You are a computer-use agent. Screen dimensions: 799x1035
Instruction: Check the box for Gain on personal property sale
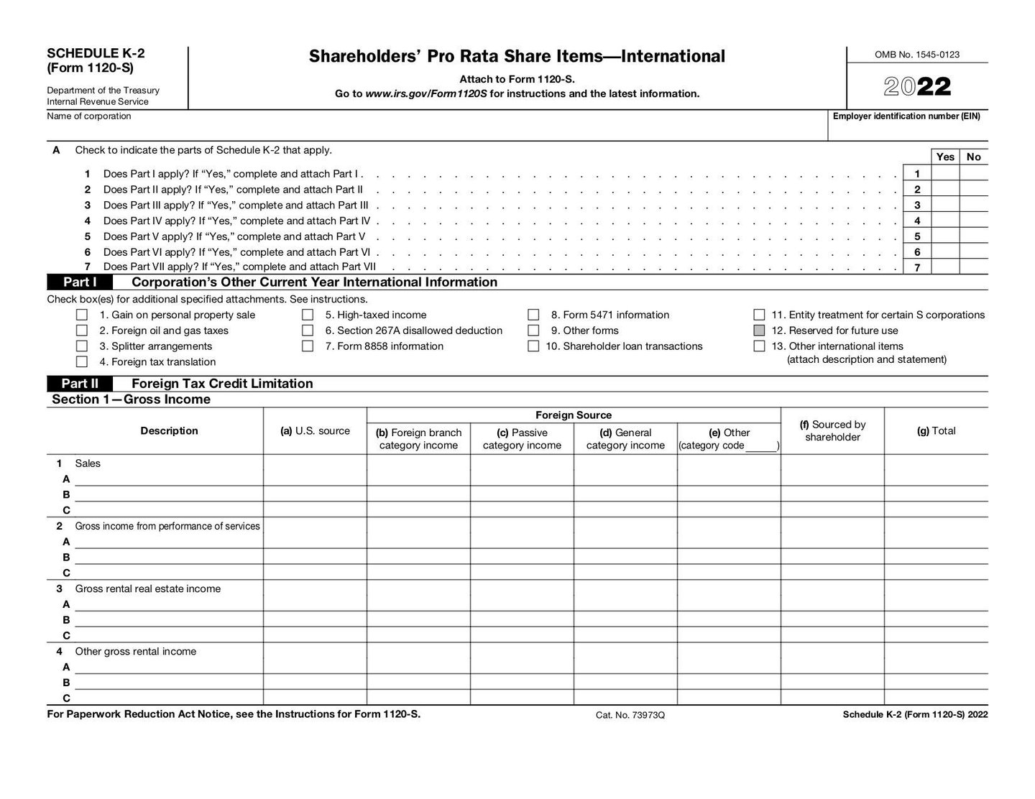(82, 315)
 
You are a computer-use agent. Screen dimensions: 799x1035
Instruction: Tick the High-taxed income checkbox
(308, 315)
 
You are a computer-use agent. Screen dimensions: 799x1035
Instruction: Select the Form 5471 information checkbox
(533, 315)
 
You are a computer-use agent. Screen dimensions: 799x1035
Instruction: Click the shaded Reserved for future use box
(759, 331)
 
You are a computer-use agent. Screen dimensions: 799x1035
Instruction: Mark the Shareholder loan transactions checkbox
(533, 346)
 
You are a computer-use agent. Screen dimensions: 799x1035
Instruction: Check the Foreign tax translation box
(82, 362)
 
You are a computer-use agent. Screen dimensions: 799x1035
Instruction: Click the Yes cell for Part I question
(945, 174)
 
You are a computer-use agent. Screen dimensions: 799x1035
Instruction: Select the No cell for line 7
(974, 267)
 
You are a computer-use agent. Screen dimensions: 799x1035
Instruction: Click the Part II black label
(80, 384)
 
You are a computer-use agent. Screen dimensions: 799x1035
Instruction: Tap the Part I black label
(80, 282)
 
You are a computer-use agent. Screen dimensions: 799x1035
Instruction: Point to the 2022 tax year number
(917, 87)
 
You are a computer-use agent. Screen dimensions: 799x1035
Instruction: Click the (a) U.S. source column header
(315, 431)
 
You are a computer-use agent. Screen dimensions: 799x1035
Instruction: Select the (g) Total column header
(936, 431)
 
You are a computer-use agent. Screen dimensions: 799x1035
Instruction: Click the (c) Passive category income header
(522, 439)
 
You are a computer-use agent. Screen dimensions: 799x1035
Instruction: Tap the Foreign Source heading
(574, 415)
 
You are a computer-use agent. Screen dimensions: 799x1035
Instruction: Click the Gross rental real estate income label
(147, 589)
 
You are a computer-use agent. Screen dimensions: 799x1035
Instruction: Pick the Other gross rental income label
(135, 652)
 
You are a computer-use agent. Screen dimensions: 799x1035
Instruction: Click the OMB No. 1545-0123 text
(917, 55)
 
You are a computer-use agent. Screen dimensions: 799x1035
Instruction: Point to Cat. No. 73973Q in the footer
(630, 715)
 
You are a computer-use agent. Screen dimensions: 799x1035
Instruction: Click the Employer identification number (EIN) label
(906, 116)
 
